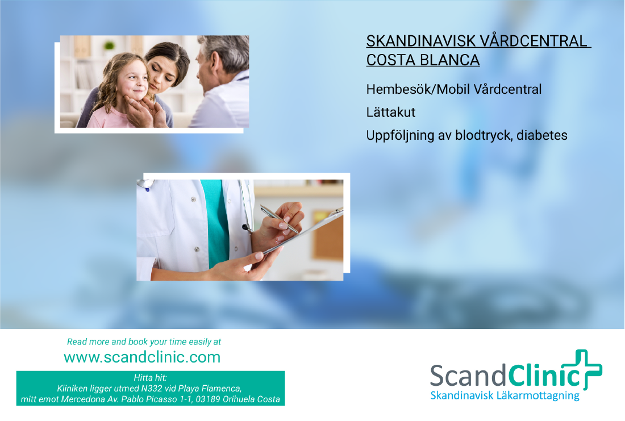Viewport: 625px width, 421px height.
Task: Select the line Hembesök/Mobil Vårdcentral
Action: coord(454,89)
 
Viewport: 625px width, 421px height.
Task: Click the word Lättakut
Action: coord(391,112)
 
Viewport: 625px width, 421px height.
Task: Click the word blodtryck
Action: coord(484,136)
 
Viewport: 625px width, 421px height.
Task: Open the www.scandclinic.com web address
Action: coord(142,357)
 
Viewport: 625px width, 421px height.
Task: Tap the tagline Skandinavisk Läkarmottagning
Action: coord(505,395)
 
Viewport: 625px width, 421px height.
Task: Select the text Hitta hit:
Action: coord(150,378)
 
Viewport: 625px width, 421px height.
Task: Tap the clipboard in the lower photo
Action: coord(307,233)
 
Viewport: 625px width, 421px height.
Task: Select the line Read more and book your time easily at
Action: coord(144,342)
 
